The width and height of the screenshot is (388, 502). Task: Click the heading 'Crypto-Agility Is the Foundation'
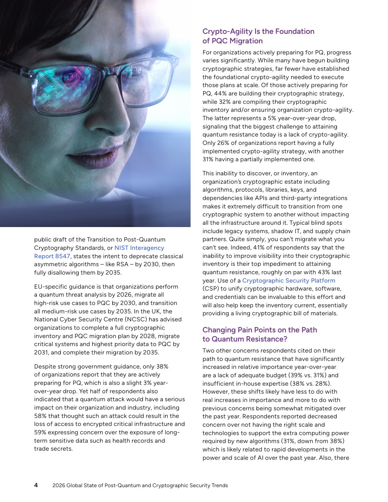pos(258,32)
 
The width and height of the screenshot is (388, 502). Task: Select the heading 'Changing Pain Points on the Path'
pos(259,330)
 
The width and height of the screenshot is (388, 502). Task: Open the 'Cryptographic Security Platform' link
pos(288,281)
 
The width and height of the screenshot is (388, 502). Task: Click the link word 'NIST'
pos(121,248)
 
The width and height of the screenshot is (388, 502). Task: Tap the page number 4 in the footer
pos(36,485)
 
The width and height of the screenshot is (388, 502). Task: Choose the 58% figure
pos(41,416)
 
